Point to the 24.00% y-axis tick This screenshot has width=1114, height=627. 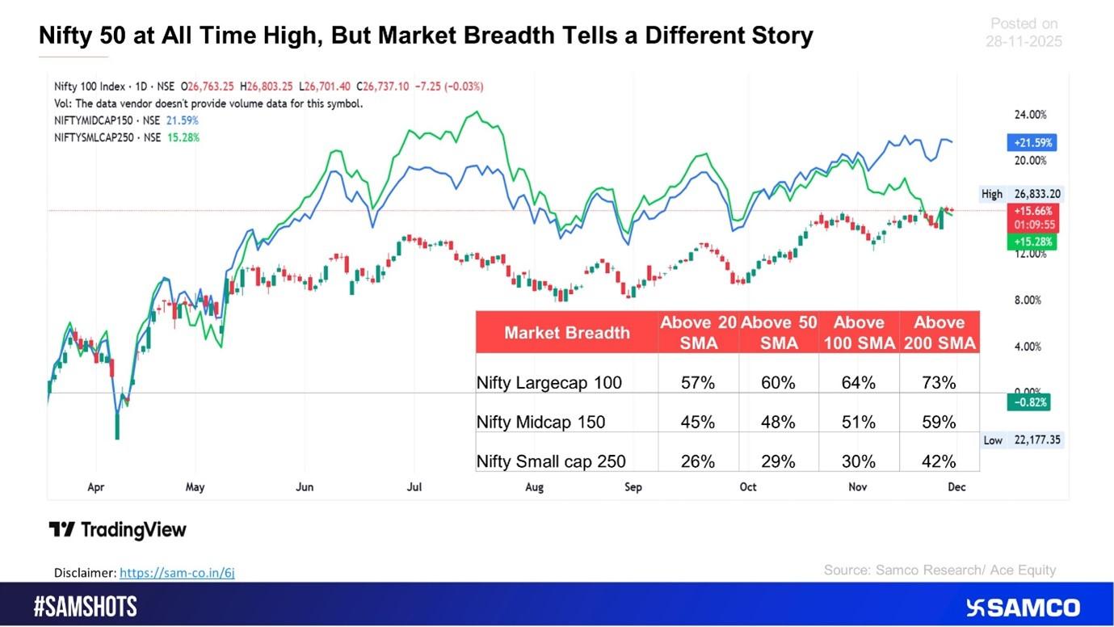pyautogui.click(x=1030, y=115)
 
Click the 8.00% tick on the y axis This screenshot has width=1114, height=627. pyautogui.click(x=1028, y=301)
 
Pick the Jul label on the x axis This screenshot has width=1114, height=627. pyautogui.click(x=414, y=487)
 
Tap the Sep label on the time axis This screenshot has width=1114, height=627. pyautogui.click(x=633, y=487)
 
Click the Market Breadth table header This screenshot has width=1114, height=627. pyautogui.click(x=566, y=332)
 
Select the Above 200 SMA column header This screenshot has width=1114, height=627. pyautogui.click(x=939, y=332)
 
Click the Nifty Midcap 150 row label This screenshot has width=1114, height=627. pyautogui.click(x=540, y=422)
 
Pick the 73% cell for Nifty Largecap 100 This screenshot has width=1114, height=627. pyautogui.click(x=939, y=383)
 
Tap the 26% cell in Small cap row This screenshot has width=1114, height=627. pyautogui.click(x=698, y=461)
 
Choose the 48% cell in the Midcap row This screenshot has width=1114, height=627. pyautogui.click(x=779, y=422)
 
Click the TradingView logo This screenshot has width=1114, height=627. pyautogui.click(x=118, y=530)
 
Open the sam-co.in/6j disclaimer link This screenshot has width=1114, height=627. pyautogui.click(x=177, y=573)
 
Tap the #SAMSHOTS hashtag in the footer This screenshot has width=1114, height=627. pyautogui.click(x=86, y=607)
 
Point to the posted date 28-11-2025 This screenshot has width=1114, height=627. pyautogui.click(x=1024, y=41)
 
